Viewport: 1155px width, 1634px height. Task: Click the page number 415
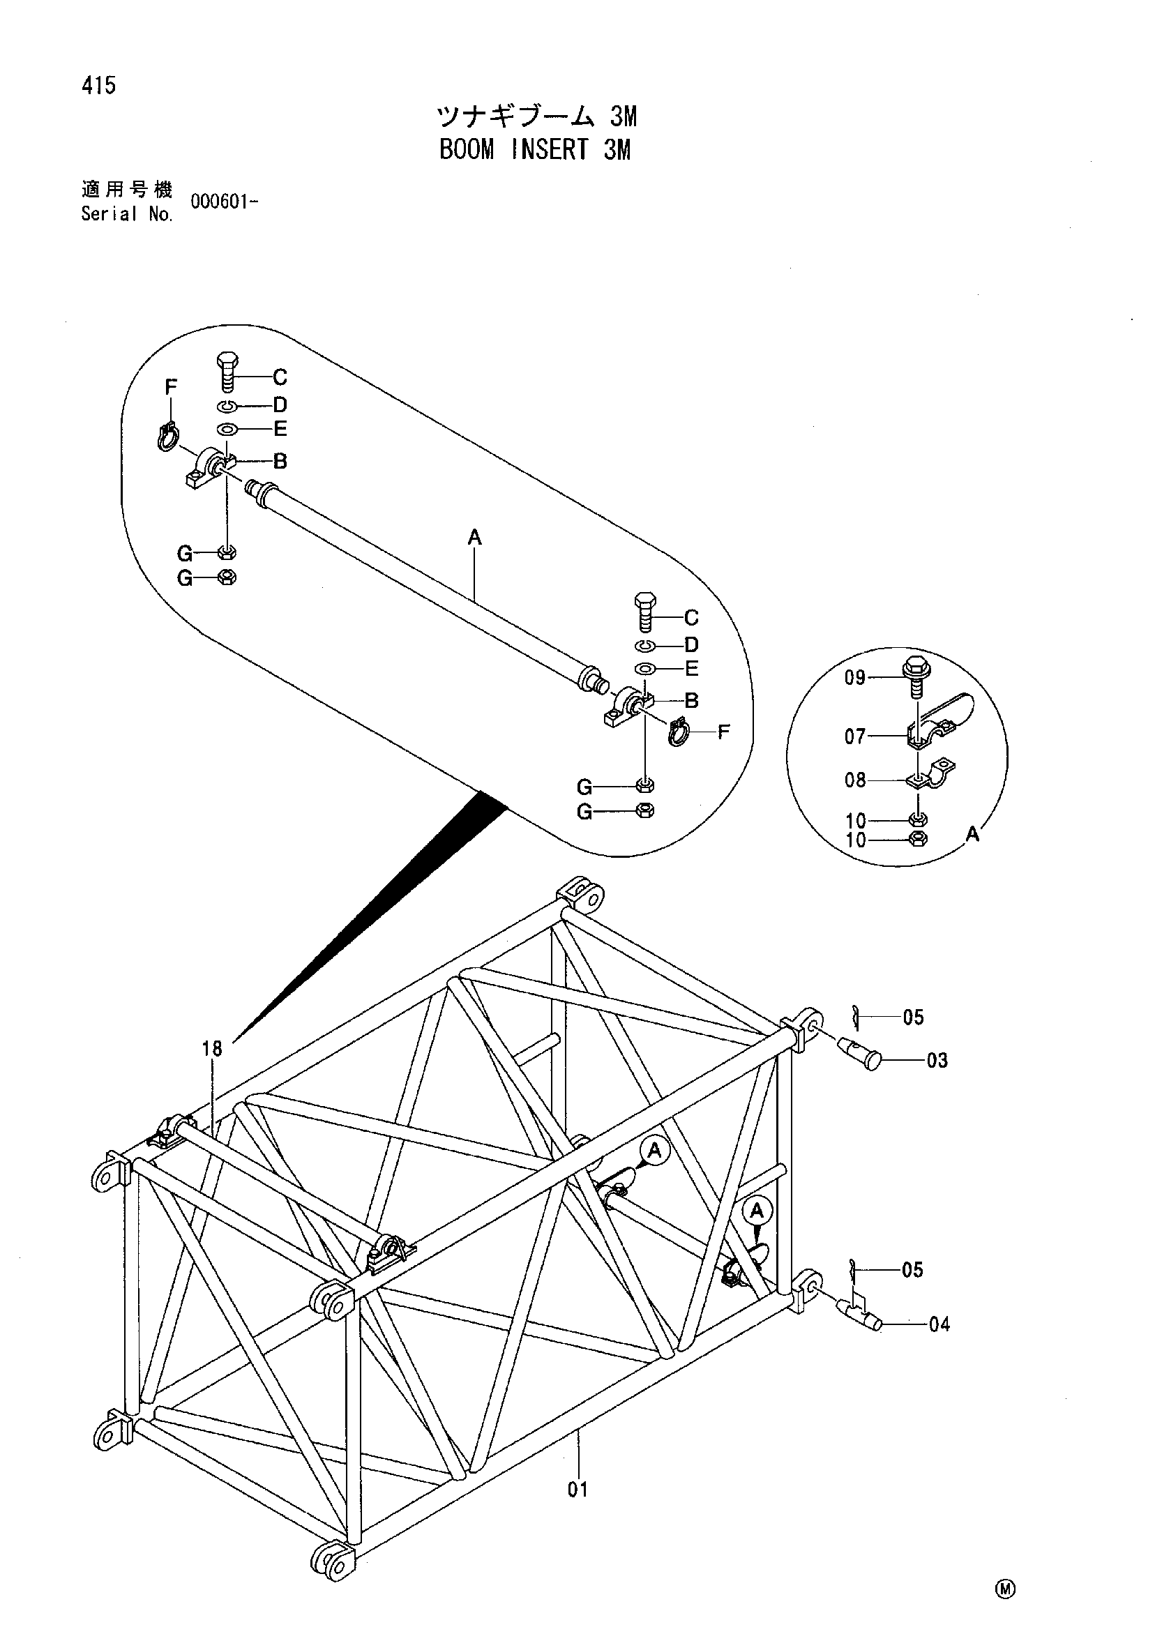(x=99, y=86)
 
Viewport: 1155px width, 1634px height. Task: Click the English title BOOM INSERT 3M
(x=535, y=149)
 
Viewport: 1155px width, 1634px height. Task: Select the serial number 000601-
(x=224, y=202)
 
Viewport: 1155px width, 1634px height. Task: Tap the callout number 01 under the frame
(x=578, y=1490)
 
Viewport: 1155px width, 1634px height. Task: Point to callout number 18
(x=212, y=1048)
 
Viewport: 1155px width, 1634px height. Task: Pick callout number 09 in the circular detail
(x=856, y=677)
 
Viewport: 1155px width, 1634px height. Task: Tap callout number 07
(x=855, y=736)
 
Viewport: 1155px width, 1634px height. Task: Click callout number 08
(x=855, y=780)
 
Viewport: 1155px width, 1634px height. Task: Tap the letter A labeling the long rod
(x=475, y=538)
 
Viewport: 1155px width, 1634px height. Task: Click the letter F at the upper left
(x=171, y=387)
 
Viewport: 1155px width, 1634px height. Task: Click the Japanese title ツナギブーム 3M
(x=536, y=115)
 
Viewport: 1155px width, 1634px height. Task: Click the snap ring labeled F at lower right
(x=679, y=731)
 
